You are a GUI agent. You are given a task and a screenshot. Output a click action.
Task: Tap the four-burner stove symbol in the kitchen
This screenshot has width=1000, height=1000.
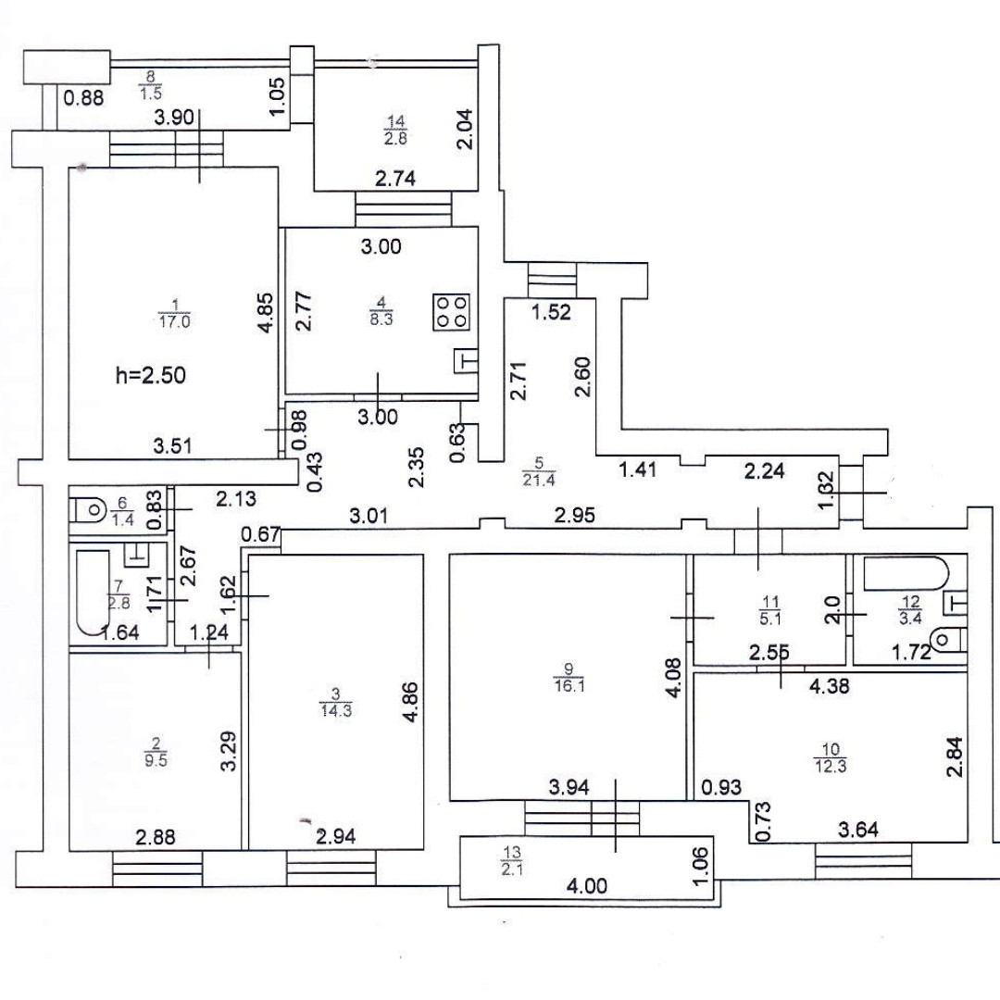[451, 311]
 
